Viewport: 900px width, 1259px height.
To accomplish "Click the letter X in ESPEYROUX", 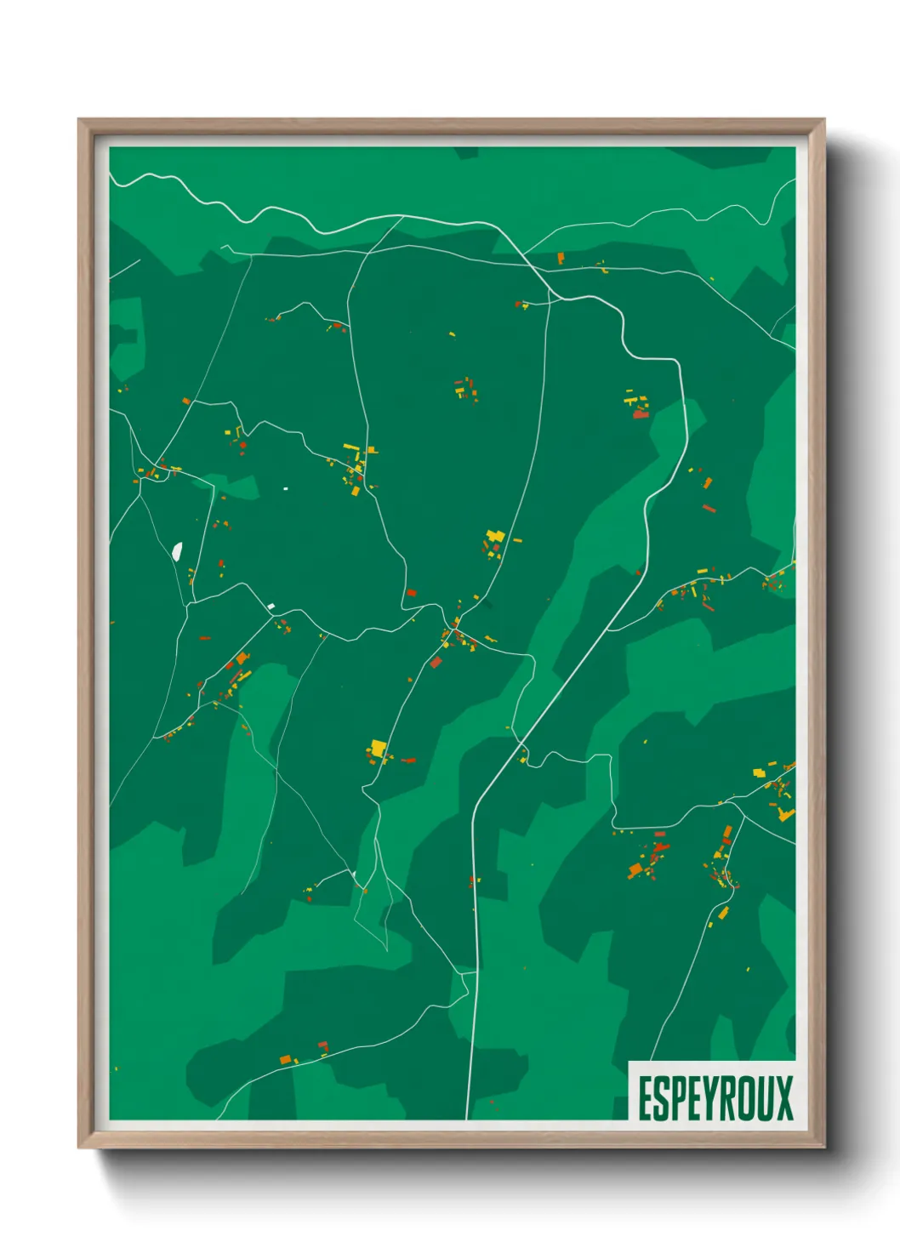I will (783, 1098).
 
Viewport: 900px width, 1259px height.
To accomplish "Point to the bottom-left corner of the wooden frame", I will (80, 1146).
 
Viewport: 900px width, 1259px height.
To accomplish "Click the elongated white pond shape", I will (177, 551).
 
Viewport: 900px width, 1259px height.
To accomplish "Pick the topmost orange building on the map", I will (561, 257).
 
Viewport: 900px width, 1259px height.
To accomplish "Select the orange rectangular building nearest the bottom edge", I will (285, 1059).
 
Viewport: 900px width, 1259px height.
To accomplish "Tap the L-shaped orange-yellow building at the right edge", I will (786, 815).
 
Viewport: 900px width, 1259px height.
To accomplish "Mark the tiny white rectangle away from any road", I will (285, 489).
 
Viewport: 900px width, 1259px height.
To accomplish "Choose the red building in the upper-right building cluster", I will (640, 414).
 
